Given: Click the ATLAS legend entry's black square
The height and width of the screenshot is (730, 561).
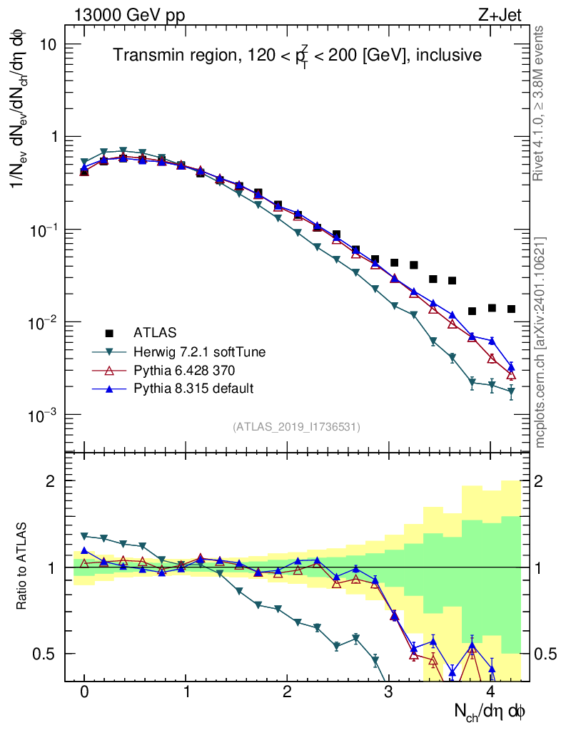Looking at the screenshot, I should coord(109,333).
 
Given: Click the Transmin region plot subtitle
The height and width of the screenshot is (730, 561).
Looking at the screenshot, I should coord(298,55).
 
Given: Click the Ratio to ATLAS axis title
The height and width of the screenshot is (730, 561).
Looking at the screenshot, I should coord(24,567).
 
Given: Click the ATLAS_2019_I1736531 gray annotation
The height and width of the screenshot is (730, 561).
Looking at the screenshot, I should coord(296,427).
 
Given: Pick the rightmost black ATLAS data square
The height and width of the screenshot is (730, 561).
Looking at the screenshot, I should coord(511,309).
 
